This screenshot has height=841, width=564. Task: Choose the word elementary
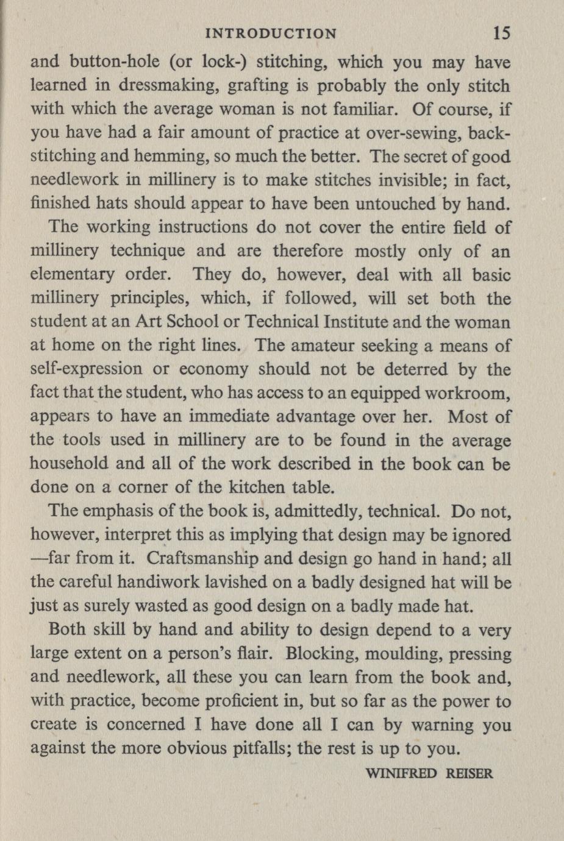(x=73, y=275)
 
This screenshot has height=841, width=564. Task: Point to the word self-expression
(x=86, y=369)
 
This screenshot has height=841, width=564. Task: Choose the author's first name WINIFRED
(x=400, y=774)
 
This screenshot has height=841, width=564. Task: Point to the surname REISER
(x=469, y=774)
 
